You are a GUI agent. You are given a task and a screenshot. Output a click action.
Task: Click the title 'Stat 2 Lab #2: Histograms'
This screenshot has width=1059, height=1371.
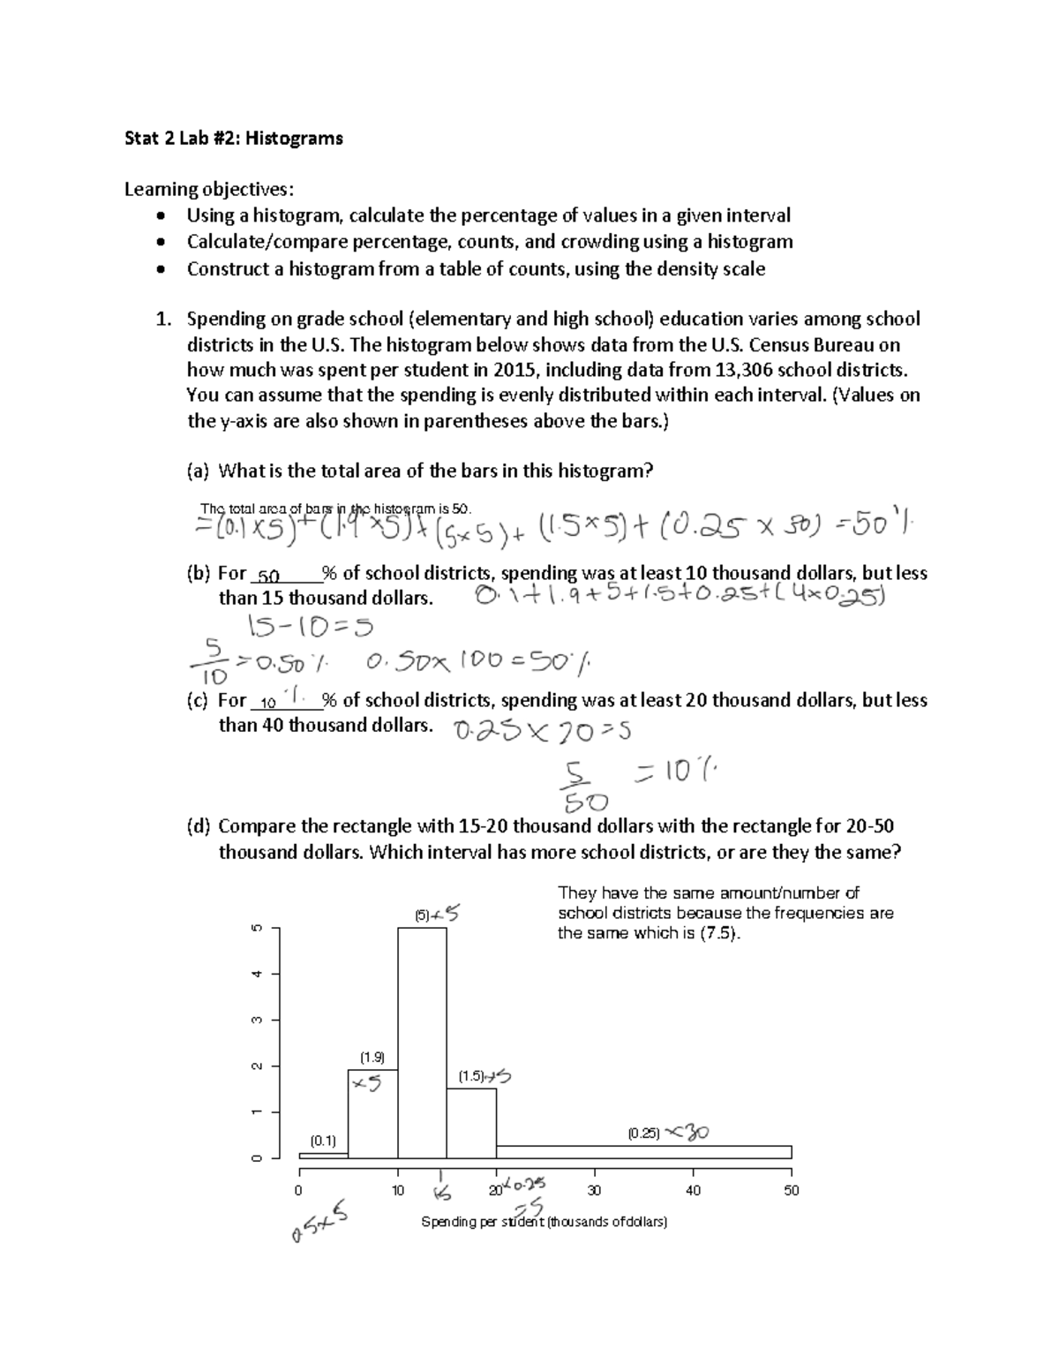(233, 138)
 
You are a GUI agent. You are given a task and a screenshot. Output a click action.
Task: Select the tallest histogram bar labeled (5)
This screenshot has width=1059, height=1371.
(422, 1042)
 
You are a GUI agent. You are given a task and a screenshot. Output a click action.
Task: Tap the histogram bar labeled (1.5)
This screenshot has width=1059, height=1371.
(471, 1123)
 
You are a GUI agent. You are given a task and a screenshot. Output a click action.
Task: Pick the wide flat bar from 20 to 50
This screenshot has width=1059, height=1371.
(643, 1152)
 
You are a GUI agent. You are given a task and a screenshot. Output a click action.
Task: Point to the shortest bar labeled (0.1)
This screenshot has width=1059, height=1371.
(323, 1155)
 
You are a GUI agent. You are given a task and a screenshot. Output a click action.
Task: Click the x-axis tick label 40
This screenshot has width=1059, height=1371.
(693, 1191)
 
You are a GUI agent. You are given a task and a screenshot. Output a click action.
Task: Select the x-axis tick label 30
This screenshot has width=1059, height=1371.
(594, 1191)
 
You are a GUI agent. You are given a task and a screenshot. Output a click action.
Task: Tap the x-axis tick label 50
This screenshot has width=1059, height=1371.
(791, 1191)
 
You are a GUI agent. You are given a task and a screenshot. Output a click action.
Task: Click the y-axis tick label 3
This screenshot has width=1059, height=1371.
(257, 1020)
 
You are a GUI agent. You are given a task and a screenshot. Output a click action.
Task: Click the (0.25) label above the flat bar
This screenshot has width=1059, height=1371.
(643, 1133)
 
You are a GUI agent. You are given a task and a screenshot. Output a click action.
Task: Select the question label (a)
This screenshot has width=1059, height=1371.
(198, 471)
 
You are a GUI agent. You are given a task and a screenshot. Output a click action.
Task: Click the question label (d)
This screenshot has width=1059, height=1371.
(199, 827)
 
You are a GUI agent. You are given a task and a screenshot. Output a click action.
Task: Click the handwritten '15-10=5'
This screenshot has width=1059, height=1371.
(311, 627)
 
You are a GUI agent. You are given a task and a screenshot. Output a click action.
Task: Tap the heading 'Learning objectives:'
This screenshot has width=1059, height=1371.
(207, 189)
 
